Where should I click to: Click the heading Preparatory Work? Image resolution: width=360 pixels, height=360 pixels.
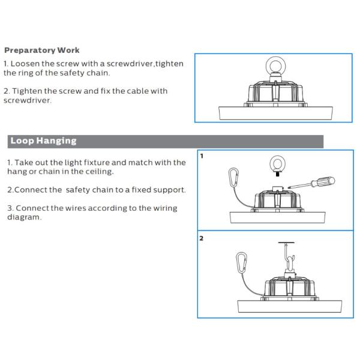42,50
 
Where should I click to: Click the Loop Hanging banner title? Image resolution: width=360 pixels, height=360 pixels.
43,141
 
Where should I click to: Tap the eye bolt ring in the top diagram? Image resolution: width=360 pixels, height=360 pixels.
275,66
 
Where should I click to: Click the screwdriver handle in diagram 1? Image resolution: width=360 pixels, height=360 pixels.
323,182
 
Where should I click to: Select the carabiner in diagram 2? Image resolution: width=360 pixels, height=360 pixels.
242,263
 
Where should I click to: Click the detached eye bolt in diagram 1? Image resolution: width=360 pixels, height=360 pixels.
277,166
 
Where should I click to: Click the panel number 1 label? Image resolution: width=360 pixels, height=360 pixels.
202,156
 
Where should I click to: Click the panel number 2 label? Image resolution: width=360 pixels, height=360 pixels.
202,238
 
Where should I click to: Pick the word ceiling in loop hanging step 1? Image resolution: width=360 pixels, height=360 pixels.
100,172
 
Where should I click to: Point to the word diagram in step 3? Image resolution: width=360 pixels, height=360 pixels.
25,217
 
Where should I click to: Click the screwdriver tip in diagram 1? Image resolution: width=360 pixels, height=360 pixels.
289,187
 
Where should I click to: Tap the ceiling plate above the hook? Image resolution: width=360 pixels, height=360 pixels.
286,242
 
